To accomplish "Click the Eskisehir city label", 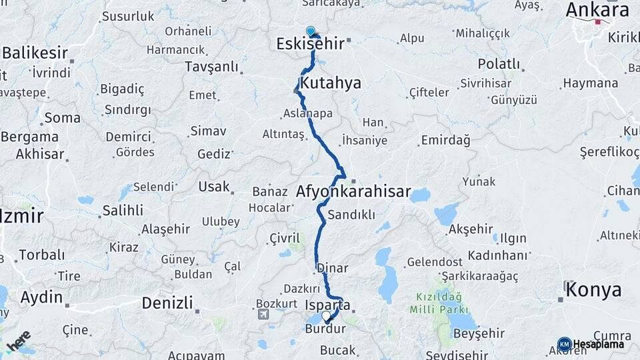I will pos(310,44).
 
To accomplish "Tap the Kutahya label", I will pos(331,83).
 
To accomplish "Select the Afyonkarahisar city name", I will pos(353,191).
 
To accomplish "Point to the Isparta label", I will pos(327,305).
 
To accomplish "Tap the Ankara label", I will pos(597,10).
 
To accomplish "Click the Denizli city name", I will pos(167,303).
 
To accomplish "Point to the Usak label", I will pos(213,187).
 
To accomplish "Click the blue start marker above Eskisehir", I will pos(310,31).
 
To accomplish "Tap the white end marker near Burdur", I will pos(326,316).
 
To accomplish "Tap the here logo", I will pos(18,341).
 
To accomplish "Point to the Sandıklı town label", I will pos(351,215).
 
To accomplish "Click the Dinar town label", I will pos(332,268).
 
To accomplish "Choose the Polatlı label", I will pos(499,64).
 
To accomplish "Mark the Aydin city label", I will pos(41,297).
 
